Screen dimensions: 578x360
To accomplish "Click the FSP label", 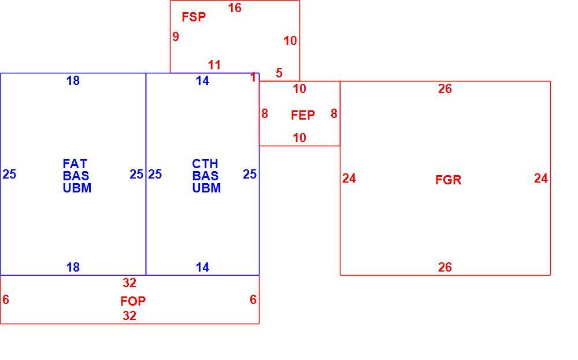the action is tap(194, 17).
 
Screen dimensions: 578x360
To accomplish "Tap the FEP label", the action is tap(303, 115).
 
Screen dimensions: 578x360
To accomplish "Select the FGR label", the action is tap(449, 180).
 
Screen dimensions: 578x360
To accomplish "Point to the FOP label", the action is tap(133, 301).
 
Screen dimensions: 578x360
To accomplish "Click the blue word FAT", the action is tap(75, 163).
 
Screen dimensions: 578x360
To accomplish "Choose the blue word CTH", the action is tap(205, 163).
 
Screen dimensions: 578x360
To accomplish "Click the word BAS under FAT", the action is tap(76, 176).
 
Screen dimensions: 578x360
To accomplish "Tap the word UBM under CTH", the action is tap(206, 188).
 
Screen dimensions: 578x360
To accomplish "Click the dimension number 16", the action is tap(235, 8).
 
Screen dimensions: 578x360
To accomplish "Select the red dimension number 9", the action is tap(176, 36).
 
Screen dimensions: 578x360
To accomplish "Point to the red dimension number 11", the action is tap(214, 65).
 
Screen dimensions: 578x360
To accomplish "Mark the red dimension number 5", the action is tap(279, 73).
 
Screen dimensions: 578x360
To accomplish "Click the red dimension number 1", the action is tap(253, 77).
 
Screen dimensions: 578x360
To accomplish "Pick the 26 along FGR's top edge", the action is tap(445, 88).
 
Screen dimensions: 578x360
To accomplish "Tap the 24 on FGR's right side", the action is tap(541, 179).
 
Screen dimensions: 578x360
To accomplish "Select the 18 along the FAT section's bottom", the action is tap(73, 267).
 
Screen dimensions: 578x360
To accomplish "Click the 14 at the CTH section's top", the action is tap(202, 81).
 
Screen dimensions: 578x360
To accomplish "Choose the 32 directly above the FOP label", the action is tap(129, 283).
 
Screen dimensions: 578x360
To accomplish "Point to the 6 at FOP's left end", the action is tap(6, 299).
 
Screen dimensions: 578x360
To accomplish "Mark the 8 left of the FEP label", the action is tap(264, 113).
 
